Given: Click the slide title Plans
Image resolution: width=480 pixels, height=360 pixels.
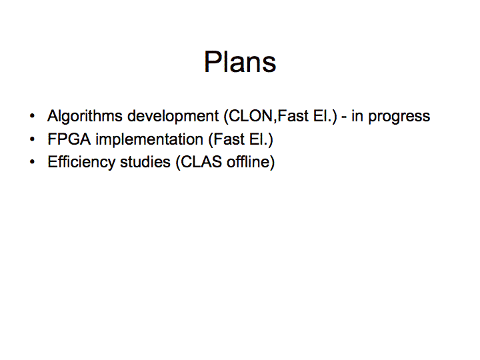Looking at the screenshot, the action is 240,61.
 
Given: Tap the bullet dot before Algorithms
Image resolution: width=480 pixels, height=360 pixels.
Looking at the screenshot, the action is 32,116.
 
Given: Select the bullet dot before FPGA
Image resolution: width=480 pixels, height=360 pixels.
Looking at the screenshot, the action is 32,139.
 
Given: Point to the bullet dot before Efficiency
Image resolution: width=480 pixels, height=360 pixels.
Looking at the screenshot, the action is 32,162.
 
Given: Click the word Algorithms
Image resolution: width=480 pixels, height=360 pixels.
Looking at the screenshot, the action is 85,117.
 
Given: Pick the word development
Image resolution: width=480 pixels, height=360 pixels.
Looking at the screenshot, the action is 173,116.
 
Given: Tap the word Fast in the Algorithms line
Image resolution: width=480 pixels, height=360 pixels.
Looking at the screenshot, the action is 293,116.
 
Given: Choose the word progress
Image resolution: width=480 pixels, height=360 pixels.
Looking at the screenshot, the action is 399,117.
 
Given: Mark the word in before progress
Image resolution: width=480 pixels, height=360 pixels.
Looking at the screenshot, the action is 357,116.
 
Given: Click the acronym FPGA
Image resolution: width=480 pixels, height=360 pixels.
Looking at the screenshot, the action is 69,139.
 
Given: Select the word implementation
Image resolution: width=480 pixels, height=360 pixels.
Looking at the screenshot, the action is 149,140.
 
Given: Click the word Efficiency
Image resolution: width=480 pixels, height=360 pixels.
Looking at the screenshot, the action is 81,163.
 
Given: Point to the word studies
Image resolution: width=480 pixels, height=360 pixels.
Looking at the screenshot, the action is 145,162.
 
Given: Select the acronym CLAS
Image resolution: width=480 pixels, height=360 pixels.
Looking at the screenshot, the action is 201,162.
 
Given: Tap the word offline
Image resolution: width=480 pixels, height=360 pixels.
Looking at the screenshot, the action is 248,162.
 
